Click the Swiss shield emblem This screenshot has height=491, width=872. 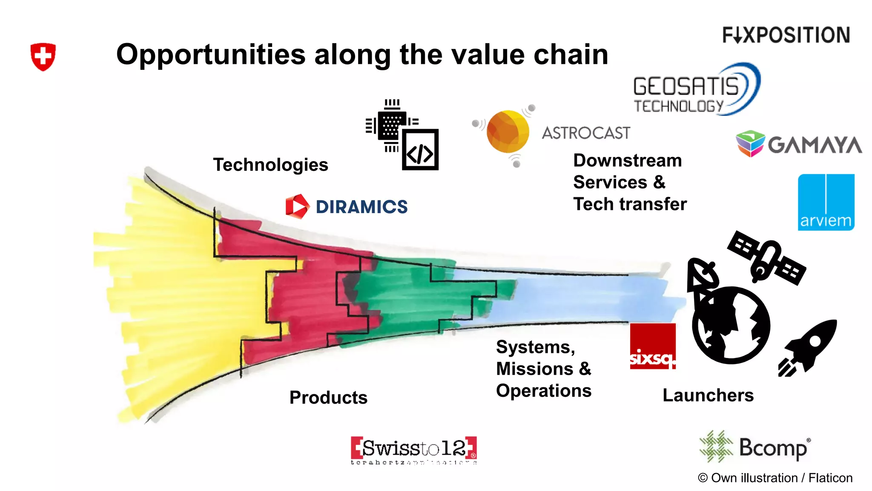click(43, 56)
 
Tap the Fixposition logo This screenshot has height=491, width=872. click(786, 35)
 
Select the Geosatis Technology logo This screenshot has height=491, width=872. click(696, 90)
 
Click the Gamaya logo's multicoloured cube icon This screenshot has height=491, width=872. click(750, 144)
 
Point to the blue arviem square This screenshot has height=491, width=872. click(826, 202)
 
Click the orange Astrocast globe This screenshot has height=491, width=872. click(507, 132)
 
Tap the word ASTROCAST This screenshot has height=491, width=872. click(586, 133)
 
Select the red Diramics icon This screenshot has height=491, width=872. click(297, 206)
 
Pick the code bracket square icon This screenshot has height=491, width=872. click(420, 150)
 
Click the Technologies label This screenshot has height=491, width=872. click(270, 165)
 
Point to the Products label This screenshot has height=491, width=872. click(328, 397)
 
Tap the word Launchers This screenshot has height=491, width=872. click(708, 395)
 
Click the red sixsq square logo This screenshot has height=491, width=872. click(653, 346)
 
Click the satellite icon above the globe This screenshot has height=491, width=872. click(766, 257)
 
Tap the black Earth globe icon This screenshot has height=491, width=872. click(731, 325)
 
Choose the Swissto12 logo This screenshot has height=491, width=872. click(413, 450)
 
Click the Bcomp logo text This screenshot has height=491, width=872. click(773, 448)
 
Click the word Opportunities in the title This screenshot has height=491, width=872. click(211, 55)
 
